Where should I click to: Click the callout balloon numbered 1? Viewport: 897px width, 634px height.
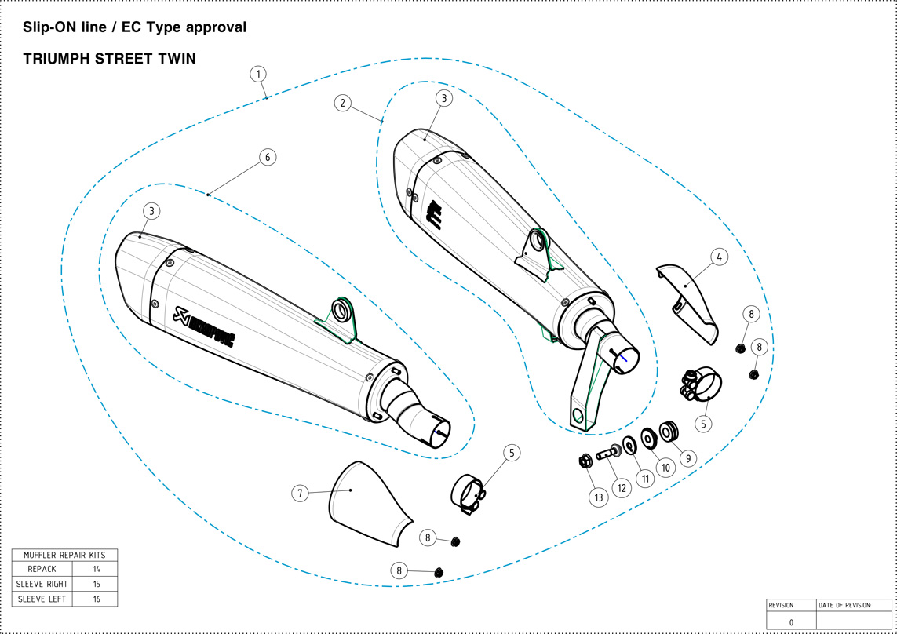pos(258,74)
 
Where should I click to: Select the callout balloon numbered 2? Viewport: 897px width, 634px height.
pos(342,103)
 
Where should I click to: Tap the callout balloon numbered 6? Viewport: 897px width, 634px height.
pos(267,157)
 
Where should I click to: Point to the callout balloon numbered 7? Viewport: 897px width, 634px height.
pos(299,493)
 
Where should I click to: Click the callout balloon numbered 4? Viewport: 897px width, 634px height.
pos(719,257)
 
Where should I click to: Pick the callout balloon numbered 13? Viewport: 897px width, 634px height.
pos(599,497)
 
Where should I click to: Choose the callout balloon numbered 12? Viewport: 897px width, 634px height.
pos(622,487)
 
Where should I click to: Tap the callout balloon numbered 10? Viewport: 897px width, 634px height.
pos(666,468)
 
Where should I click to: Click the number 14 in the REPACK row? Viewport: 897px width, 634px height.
pos(96,569)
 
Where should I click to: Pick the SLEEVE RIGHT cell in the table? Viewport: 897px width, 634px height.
pos(42,584)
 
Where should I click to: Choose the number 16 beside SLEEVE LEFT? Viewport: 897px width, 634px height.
pos(96,599)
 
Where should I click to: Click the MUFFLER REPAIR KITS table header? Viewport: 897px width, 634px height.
pos(64,555)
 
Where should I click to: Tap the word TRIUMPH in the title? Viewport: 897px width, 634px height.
pos(57,59)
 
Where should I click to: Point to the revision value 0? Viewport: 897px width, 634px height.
pos(791,622)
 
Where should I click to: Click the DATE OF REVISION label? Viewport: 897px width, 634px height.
pos(844,605)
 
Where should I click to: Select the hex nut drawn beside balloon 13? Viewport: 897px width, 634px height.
pos(584,461)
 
